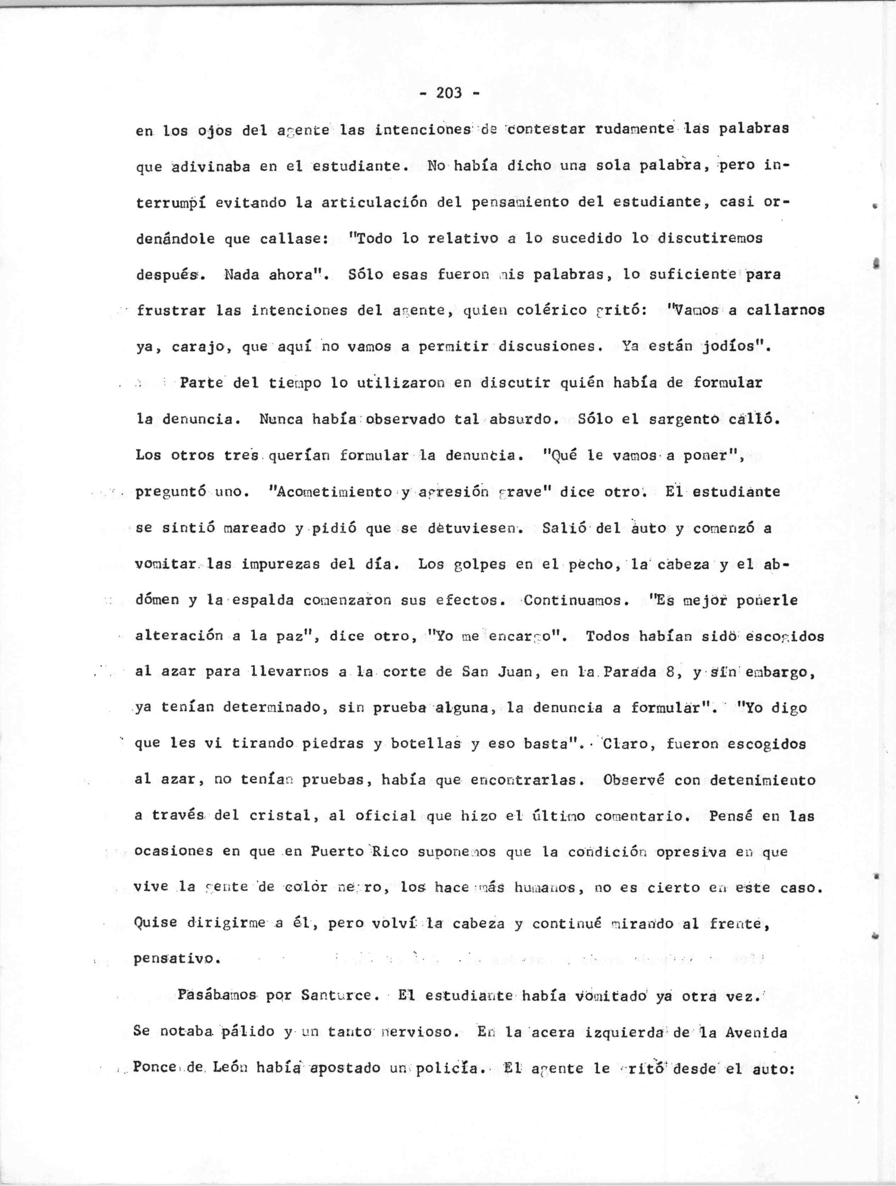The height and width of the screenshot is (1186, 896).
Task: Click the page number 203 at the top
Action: coord(449,93)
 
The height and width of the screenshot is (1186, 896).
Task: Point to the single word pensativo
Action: coord(176,959)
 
